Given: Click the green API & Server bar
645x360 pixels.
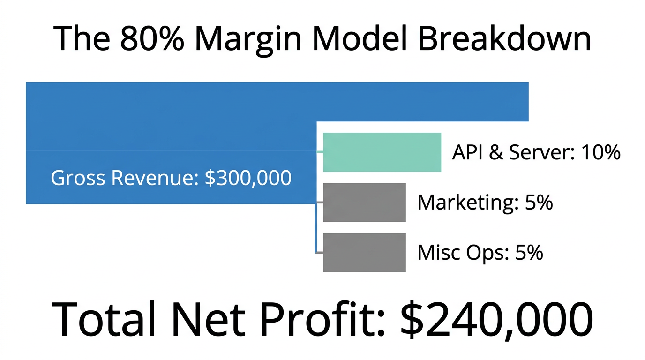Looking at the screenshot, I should pyautogui.click(x=382, y=152).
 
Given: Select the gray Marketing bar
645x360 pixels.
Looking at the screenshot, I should pyautogui.click(x=364, y=202).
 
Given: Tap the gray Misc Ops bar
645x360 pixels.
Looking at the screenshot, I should pyautogui.click(x=364, y=253).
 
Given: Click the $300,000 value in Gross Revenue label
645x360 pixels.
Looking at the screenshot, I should pyautogui.click(x=248, y=178).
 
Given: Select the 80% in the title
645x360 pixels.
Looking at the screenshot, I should pyautogui.click(x=153, y=39).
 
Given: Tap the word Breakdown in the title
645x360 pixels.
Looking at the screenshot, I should pyautogui.click(x=504, y=39).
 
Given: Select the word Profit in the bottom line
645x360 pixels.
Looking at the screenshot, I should pyautogui.click(x=323, y=319).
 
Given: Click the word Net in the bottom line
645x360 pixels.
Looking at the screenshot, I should pyautogui.click(x=206, y=319).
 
